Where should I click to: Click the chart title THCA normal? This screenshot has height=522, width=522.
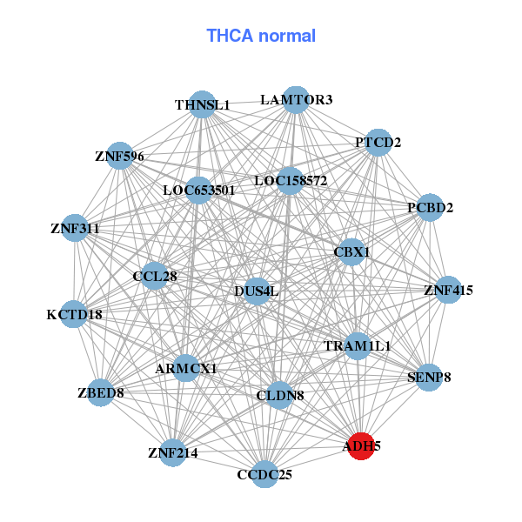(260, 36)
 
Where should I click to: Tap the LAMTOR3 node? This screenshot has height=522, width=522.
(296, 100)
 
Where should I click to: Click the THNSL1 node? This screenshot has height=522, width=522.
(202, 104)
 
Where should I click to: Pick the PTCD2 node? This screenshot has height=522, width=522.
(378, 142)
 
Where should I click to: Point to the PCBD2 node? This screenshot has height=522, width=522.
(430, 208)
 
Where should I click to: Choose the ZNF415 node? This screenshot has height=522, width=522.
(448, 290)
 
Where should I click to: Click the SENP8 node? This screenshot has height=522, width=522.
(429, 378)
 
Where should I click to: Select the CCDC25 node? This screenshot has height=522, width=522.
(265, 474)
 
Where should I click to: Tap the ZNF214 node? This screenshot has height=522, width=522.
(173, 452)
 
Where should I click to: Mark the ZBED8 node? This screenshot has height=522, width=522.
(101, 393)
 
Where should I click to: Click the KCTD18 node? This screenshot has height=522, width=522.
(74, 314)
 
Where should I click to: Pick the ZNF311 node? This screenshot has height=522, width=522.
(75, 230)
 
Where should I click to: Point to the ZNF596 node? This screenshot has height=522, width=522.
(119, 157)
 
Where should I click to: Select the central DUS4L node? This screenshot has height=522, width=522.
(257, 291)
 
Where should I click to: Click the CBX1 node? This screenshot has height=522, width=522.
(351, 252)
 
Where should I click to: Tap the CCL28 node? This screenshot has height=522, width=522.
(155, 277)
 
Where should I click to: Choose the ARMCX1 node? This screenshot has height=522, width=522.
(185, 369)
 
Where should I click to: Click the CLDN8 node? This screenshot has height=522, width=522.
(279, 396)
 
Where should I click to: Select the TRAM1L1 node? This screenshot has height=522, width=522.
(357, 345)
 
